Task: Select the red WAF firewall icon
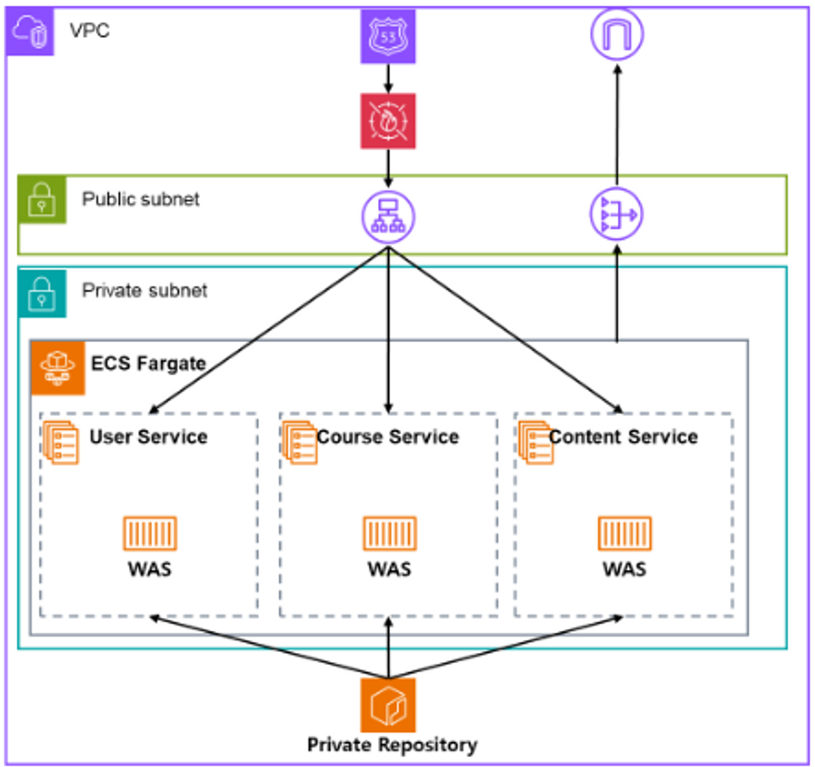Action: point(388,121)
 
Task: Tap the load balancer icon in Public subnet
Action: point(388,218)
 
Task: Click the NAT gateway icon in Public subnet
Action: point(617,217)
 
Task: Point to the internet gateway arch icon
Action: point(617,35)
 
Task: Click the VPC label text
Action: point(89,31)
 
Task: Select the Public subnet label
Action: point(140,199)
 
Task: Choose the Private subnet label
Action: point(144,290)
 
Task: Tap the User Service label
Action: point(148,436)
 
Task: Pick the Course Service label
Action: point(387,436)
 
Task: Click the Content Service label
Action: point(623,436)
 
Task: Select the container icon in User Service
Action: point(150,534)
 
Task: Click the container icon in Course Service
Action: point(388,534)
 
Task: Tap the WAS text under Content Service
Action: point(624,568)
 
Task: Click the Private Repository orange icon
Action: point(388,705)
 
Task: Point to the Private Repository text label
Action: point(392,745)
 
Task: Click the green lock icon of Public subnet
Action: point(43,199)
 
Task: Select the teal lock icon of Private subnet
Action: point(43,291)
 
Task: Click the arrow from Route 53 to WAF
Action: point(388,79)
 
